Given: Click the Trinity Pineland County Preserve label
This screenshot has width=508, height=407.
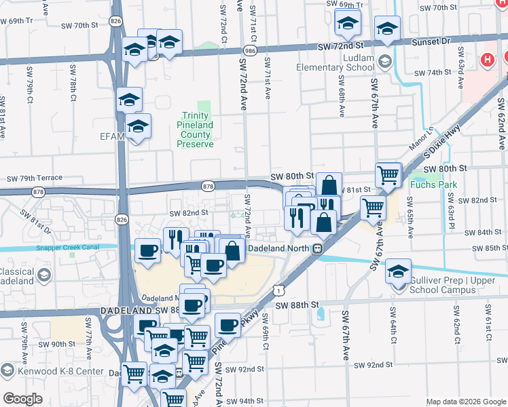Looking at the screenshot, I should point(197,130).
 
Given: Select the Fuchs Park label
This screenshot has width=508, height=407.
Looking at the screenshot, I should point(433,185).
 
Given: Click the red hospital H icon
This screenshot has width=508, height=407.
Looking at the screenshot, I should point(487,60).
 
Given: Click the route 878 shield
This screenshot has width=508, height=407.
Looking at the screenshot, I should point(208,186).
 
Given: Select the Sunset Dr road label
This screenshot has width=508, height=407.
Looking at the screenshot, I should point(431,41).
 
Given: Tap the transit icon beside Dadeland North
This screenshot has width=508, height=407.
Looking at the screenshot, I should point(317,249).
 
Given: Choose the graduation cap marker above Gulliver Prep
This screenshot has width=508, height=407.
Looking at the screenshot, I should point(398,272).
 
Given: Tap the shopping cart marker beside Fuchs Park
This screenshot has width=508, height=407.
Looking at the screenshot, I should point(388,176).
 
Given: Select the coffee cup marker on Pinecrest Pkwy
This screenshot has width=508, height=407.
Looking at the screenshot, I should point(228,326).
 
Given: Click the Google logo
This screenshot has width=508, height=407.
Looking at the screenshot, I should point(22,400).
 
